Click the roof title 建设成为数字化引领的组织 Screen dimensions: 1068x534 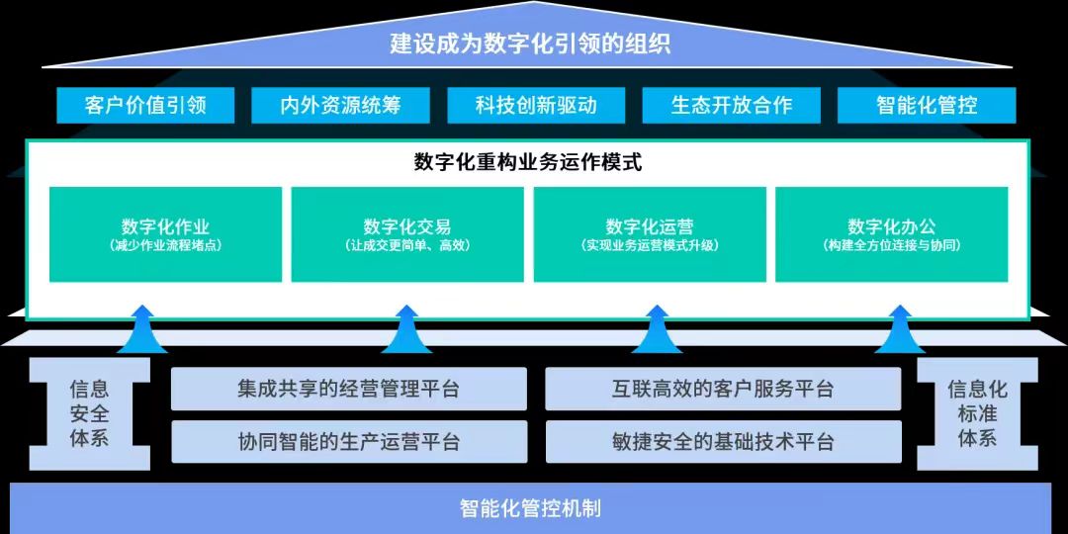coord(531,44)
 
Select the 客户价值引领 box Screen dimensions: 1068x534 coord(145,105)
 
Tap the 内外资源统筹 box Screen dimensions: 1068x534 coord(340,105)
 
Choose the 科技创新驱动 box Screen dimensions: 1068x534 coord(536,105)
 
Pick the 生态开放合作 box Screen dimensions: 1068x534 coord(732,105)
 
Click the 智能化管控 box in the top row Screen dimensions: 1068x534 coord(927,105)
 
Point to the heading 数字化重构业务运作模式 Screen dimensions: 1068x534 coord(528,163)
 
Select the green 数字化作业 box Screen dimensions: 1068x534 coord(165,234)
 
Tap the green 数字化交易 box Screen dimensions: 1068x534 coord(407,234)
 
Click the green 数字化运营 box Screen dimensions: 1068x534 coord(650,234)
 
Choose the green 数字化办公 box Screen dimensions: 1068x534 coord(892,234)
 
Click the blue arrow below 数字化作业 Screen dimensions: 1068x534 coord(142,329)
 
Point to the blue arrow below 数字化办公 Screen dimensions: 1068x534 coord(900,329)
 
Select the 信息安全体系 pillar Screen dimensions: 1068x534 coord(89,413)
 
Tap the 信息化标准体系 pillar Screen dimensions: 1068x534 coord(977,413)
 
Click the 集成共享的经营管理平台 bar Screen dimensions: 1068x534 coord(349,389)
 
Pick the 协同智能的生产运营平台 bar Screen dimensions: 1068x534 coord(349,441)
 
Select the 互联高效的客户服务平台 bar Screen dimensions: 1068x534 coord(723,389)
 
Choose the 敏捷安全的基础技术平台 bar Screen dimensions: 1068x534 coord(723,441)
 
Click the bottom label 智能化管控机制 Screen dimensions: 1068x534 coord(531,508)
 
